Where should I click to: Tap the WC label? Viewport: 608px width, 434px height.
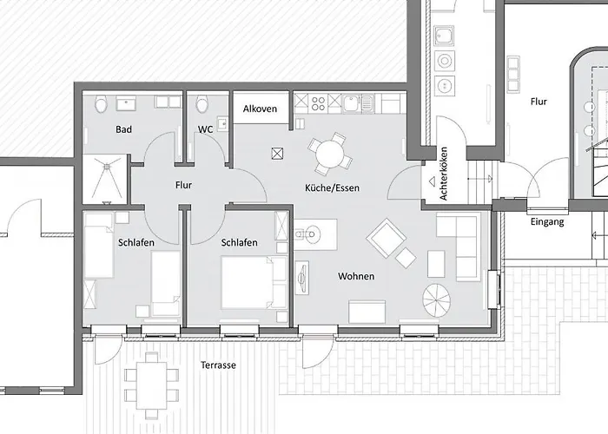(205, 129)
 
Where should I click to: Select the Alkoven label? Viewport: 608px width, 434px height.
(261, 108)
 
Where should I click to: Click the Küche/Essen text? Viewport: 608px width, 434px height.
(332, 187)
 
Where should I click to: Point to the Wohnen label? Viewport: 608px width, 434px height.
(356, 276)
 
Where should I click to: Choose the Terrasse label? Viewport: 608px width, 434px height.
(217, 365)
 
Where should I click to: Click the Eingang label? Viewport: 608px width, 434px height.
(547, 222)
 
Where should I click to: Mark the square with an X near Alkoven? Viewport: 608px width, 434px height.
(278, 153)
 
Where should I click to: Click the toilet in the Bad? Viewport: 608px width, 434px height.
(101, 104)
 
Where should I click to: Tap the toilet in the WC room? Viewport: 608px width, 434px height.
(202, 103)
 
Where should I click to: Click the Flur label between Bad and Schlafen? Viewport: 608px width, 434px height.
(183, 185)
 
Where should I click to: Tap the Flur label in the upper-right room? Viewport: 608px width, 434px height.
(539, 102)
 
